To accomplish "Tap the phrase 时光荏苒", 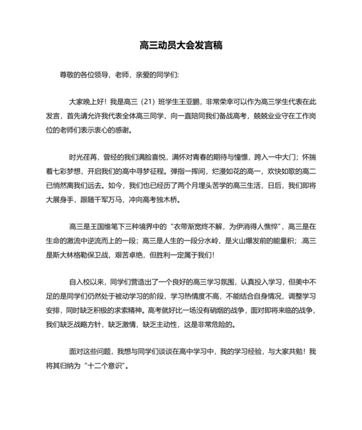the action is coord(84,157).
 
